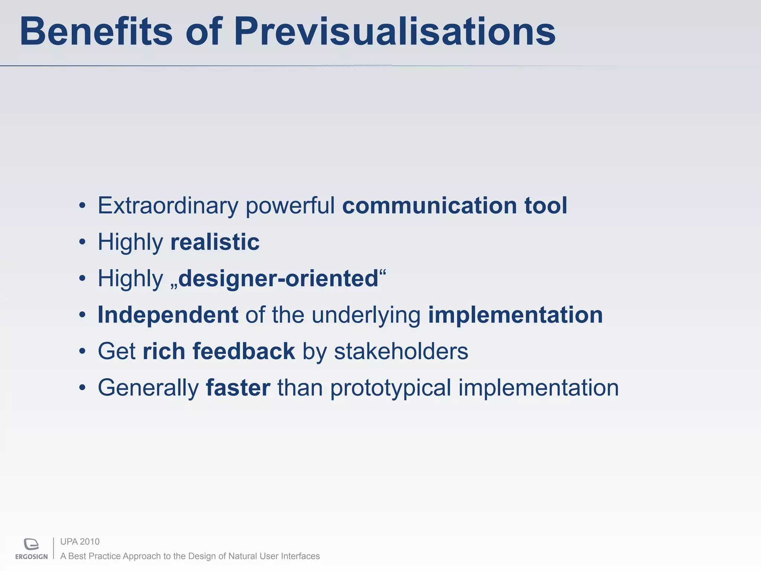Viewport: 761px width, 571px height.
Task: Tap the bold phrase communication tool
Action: [x=454, y=206]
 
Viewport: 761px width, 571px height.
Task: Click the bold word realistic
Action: [x=215, y=242]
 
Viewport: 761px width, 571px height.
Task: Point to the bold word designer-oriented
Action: [x=278, y=278]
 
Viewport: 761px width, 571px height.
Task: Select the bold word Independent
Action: [x=168, y=315]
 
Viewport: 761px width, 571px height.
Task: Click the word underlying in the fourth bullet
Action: [x=366, y=315]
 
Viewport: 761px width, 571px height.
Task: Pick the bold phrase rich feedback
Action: [x=219, y=351]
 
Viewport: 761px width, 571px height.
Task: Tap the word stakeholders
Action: [x=401, y=351]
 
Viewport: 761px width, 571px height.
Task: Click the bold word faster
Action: [x=238, y=388]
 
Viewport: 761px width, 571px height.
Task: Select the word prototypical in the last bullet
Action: [x=391, y=388]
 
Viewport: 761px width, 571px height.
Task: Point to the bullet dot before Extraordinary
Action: [x=82, y=206]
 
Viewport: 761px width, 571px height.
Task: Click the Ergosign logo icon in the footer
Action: [x=32, y=544]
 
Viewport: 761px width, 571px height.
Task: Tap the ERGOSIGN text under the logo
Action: [x=32, y=557]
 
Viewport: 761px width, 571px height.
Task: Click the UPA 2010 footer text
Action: [x=80, y=542]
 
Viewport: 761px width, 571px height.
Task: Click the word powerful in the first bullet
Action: [x=290, y=206]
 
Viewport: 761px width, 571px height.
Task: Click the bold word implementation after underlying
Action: [x=515, y=315]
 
